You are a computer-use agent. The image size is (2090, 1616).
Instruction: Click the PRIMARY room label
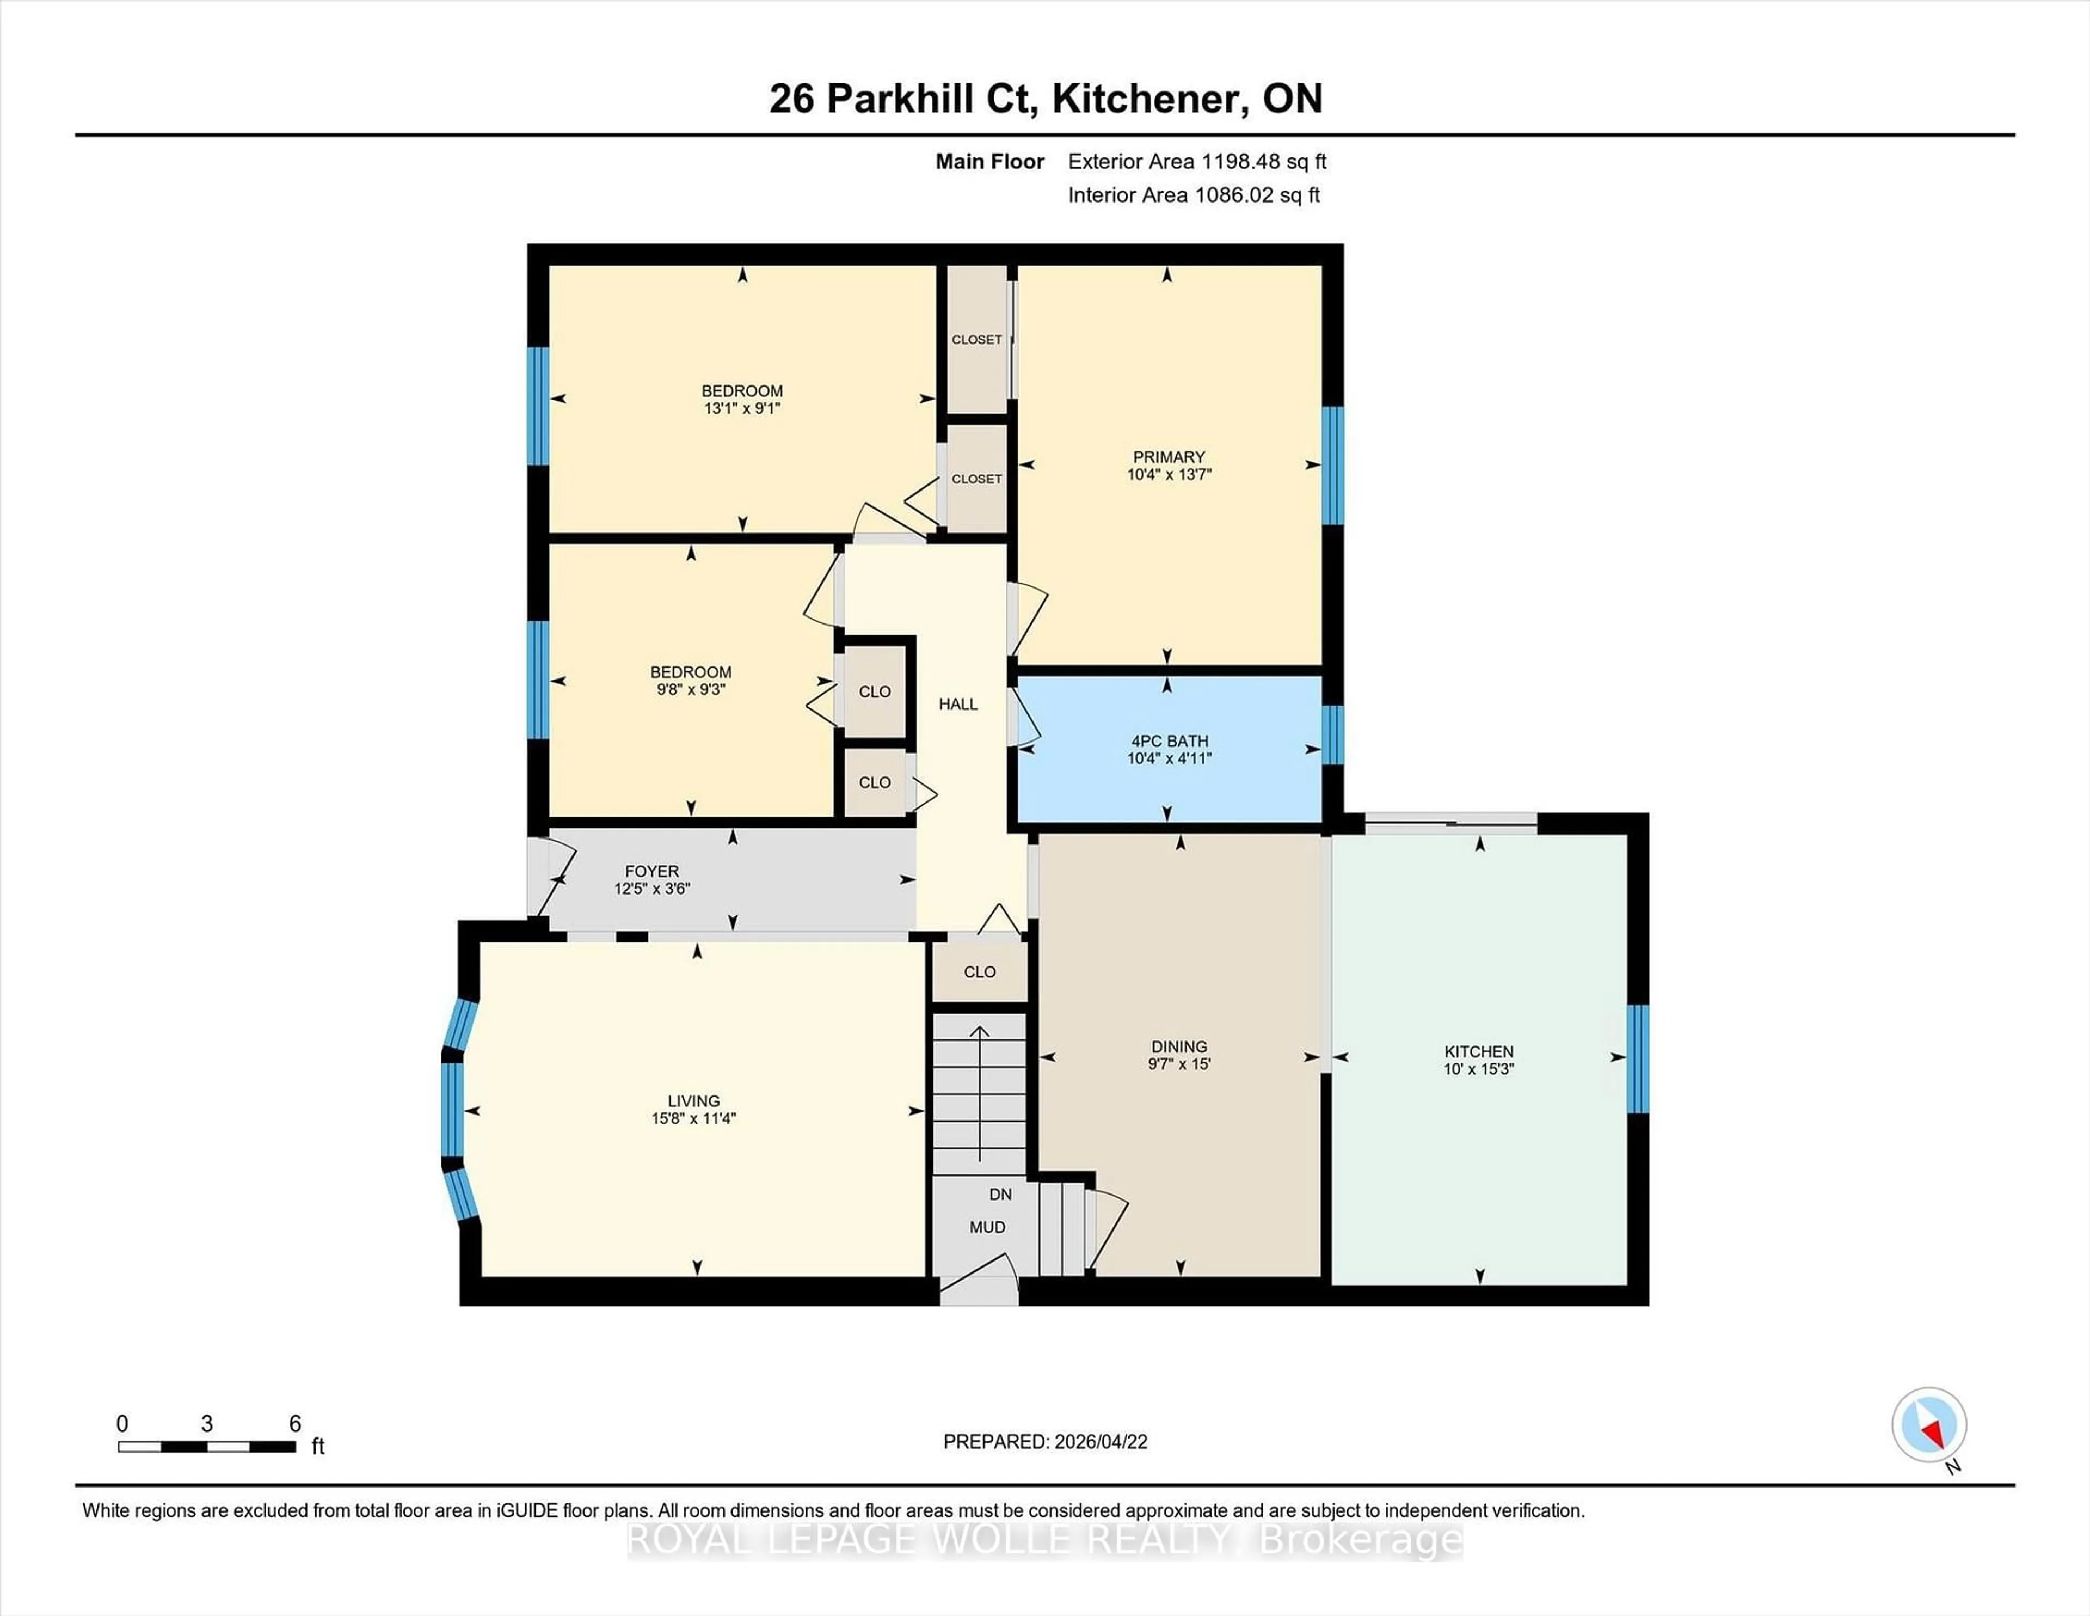1169,457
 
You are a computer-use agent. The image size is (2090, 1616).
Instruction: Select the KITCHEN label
1478,1051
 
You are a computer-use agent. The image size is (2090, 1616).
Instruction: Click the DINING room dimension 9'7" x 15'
1179,1063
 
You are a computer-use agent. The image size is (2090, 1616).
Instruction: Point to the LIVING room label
693,1101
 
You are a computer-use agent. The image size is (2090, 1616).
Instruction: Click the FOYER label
651,871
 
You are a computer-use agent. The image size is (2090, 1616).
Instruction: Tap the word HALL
958,703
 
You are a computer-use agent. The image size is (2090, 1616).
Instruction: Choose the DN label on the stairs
1000,1194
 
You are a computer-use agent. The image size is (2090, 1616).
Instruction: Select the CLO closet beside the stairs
979,972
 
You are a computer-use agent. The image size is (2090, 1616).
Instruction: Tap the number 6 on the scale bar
295,1424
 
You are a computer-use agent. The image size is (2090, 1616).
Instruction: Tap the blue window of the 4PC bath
1332,734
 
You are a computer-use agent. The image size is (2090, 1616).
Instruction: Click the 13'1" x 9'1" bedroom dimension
742,408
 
